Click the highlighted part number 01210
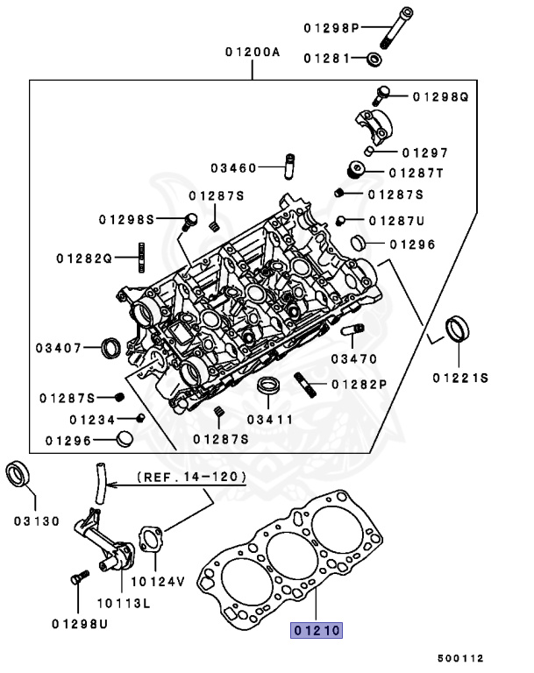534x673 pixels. pos(317,629)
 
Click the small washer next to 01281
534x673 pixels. pos(374,59)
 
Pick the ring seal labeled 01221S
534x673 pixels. pos(458,330)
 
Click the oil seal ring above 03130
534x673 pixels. pos(19,474)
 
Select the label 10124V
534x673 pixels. pos(158,581)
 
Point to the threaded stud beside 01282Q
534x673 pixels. pos(139,259)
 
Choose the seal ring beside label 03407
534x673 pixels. pos(111,347)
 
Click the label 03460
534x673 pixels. pos(233,166)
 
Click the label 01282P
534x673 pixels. pos(359,384)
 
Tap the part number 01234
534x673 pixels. pos(93,419)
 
